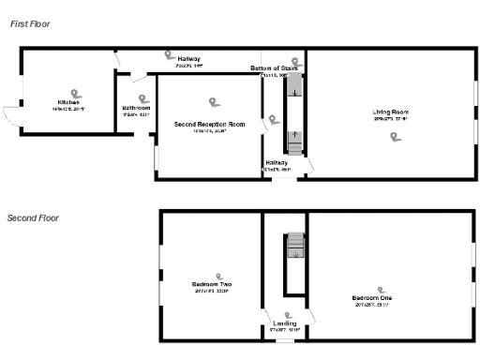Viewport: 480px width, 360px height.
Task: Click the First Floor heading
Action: [x=30, y=22]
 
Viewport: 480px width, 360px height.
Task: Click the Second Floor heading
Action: [x=33, y=217]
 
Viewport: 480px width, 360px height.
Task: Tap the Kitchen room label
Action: [x=68, y=101]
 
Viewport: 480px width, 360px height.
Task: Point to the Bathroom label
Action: [x=136, y=108]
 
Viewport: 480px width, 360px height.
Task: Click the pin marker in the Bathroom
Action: [x=143, y=97]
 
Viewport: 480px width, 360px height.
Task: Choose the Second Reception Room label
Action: [x=209, y=124]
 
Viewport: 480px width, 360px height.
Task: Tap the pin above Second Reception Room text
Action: [x=214, y=102]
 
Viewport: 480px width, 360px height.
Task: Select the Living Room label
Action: [x=391, y=112]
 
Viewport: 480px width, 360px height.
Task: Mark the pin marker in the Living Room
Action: [x=395, y=137]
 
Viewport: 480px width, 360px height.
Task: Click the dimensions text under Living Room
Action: [x=391, y=119]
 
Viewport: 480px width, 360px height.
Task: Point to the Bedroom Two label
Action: [x=212, y=284]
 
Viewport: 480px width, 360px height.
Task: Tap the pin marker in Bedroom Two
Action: [x=219, y=276]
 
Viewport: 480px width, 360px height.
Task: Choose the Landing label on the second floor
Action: [x=284, y=323]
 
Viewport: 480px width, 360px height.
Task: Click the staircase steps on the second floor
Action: [x=295, y=247]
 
